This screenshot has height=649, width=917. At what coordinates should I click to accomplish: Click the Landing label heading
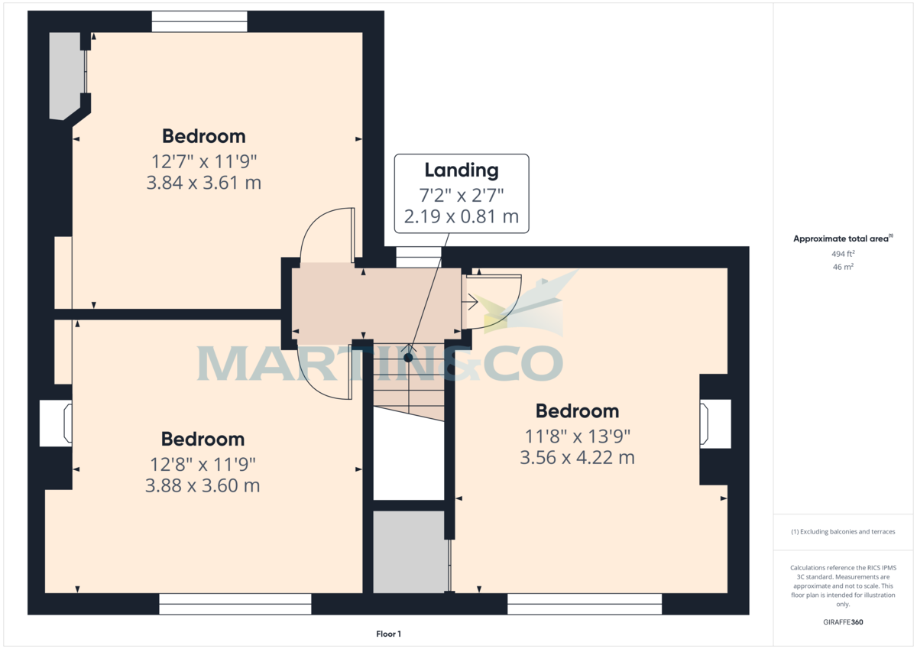pyautogui.click(x=462, y=170)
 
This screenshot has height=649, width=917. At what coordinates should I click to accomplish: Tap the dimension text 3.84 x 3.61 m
pyautogui.click(x=204, y=183)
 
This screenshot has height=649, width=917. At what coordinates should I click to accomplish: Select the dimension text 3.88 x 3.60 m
pyautogui.click(x=203, y=485)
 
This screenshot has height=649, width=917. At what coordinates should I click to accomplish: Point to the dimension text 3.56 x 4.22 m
pyautogui.click(x=577, y=457)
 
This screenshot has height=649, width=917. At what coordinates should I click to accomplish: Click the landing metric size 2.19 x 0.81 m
pyautogui.click(x=462, y=216)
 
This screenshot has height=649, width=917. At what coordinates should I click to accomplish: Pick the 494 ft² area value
pyautogui.click(x=843, y=254)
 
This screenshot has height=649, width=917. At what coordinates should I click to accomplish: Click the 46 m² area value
pyautogui.click(x=843, y=267)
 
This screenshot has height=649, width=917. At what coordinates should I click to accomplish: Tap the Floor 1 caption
pyautogui.click(x=388, y=634)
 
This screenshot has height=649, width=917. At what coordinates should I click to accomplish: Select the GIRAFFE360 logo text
pyautogui.click(x=843, y=622)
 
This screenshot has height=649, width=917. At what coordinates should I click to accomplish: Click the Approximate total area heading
pyautogui.click(x=843, y=239)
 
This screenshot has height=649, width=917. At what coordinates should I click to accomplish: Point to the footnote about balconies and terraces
pyautogui.click(x=843, y=531)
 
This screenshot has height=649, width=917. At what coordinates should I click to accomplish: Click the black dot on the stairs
pyautogui.click(x=408, y=358)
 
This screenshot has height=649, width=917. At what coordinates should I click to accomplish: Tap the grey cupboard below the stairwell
pyautogui.click(x=409, y=552)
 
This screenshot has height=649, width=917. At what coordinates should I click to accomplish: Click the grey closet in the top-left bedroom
pyautogui.click(x=66, y=76)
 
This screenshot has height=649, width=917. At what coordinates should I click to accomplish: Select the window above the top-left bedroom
pyautogui.click(x=199, y=21)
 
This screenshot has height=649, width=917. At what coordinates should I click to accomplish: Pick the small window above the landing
pyautogui.click(x=419, y=257)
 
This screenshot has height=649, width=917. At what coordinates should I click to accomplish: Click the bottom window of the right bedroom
pyautogui.click(x=585, y=604)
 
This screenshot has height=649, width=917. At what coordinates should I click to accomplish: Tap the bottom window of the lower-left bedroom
pyautogui.click(x=235, y=604)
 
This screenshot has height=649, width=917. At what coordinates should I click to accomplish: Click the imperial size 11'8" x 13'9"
pyautogui.click(x=577, y=436)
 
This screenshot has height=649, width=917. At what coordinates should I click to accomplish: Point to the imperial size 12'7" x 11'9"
pyautogui.click(x=204, y=162)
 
